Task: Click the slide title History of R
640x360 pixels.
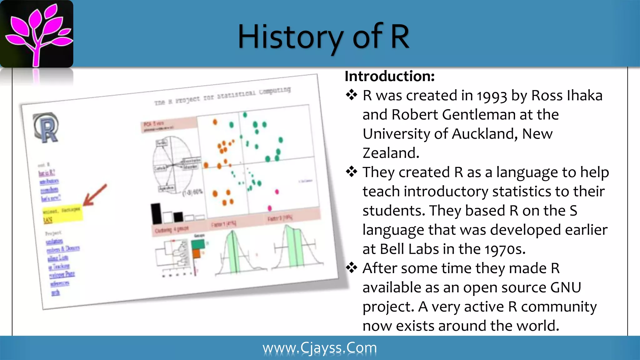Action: click(x=323, y=37)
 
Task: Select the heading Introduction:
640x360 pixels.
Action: click(x=389, y=76)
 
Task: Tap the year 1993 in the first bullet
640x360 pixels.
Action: click(x=492, y=96)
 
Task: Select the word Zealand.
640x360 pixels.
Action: click(x=391, y=153)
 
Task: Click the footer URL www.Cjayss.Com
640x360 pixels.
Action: click(x=320, y=348)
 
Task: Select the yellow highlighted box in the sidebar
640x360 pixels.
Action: click(x=62, y=214)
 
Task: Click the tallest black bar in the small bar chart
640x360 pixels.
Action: click(x=156, y=214)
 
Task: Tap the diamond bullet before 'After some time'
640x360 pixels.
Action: click(x=352, y=268)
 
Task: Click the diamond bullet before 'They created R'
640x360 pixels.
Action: click(x=352, y=172)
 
